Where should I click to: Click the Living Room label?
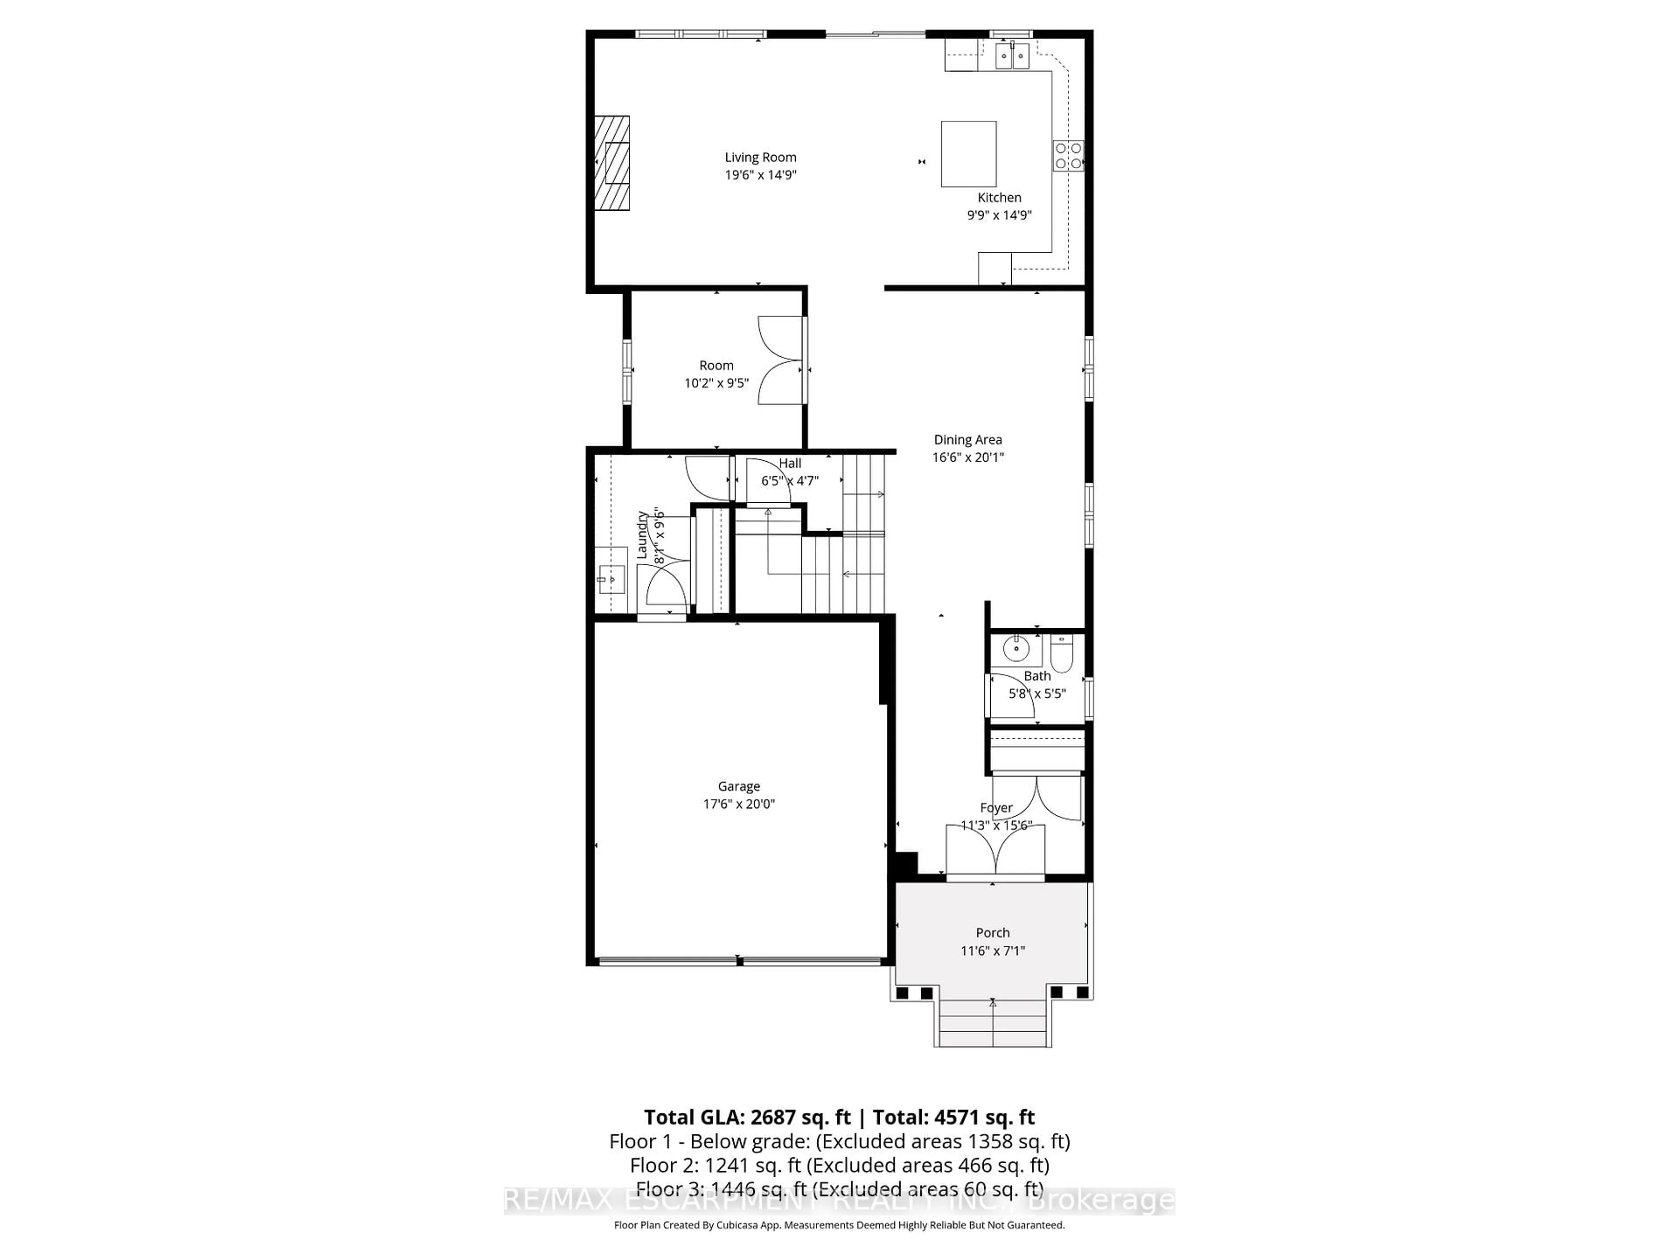pyautogui.click(x=760, y=157)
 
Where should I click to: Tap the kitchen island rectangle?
pyautogui.click(x=968, y=153)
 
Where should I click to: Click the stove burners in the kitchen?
pyautogui.click(x=1067, y=157)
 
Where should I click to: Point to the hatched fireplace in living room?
pyautogui.click(x=612, y=163)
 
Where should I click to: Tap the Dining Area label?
pyautogui.click(x=967, y=439)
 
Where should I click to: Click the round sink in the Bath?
pyautogui.click(x=1016, y=649)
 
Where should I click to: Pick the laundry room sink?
pyautogui.click(x=610, y=580)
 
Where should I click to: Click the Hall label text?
pyautogui.click(x=789, y=463)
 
